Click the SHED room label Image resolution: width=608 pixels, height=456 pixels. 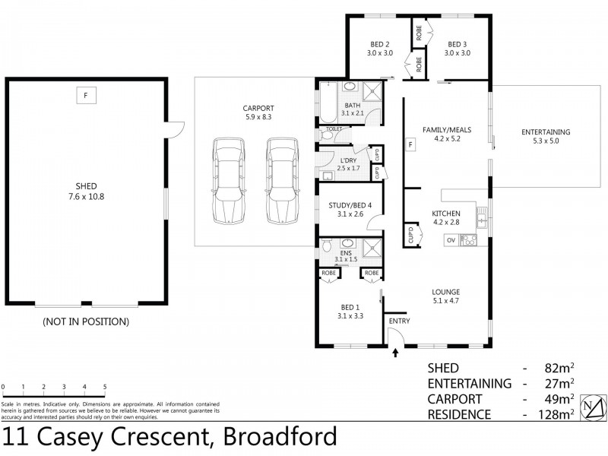[x=86, y=185]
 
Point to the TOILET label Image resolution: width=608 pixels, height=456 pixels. [x=333, y=129]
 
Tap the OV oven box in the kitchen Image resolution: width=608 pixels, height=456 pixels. [x=450, y=240]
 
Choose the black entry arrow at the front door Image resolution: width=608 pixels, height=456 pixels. [x=395, y=352]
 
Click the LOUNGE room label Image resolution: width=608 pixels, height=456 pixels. [x=445, y=291]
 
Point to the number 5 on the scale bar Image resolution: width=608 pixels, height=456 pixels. [x=105, y=386]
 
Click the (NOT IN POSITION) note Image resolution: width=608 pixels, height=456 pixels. [x=85, y=321]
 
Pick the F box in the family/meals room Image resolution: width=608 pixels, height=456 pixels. [x=411, y=144]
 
